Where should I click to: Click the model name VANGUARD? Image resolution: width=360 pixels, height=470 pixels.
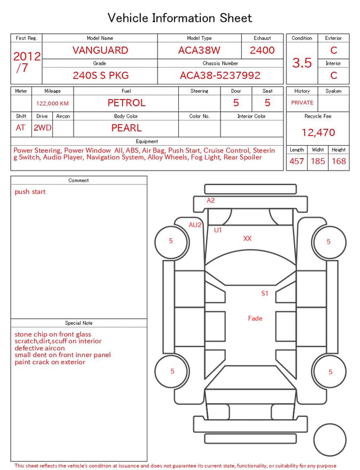(100, 50)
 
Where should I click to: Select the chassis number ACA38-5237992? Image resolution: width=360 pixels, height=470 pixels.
(220, 75)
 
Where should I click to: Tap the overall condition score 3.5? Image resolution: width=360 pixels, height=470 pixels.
(302, 63)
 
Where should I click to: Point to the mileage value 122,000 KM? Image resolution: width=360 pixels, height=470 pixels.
(52, 104)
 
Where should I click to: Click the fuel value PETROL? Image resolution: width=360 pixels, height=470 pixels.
(127, 103)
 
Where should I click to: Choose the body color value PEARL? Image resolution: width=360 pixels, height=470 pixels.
(127, 128)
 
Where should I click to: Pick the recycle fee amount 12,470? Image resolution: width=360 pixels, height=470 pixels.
(318, 132)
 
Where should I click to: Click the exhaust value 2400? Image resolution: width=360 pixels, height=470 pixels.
(262, 50)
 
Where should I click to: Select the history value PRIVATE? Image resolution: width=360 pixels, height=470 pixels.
(302, 103)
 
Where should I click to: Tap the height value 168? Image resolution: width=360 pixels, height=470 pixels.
(339, 161)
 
